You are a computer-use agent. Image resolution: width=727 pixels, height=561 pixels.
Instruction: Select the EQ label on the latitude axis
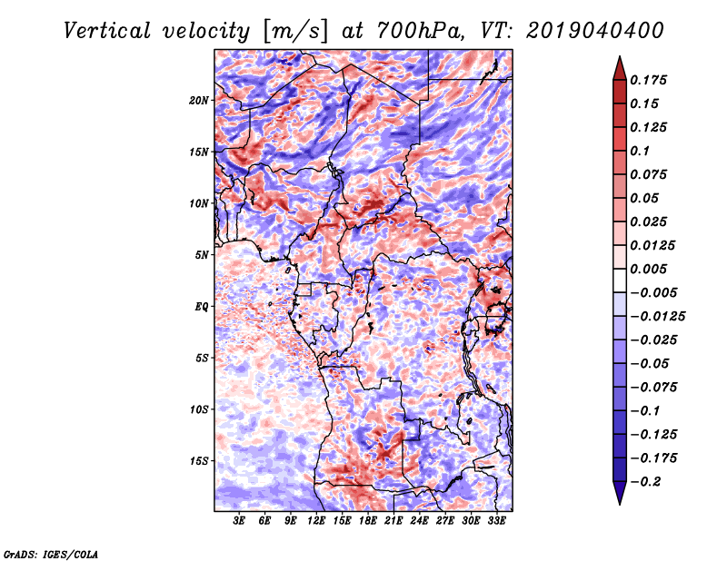point(202,306)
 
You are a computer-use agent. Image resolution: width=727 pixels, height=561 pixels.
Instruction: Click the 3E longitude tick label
point(240,521)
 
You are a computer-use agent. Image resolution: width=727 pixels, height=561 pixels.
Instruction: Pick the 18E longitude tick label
point(369,521)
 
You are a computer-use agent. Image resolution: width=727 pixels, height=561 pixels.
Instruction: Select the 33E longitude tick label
point(497,521)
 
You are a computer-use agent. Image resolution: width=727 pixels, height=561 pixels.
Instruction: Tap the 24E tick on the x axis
point(420,521)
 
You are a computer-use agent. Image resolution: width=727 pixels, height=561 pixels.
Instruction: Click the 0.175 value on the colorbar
point(652,80)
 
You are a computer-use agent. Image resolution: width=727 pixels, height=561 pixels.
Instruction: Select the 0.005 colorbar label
point(652,269)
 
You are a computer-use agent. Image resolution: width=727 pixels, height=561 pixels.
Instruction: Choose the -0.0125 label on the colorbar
point(659,316)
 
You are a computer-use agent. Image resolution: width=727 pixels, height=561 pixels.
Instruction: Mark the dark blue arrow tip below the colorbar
point(619,497)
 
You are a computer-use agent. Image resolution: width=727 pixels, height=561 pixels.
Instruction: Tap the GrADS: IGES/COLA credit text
point(50,553)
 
